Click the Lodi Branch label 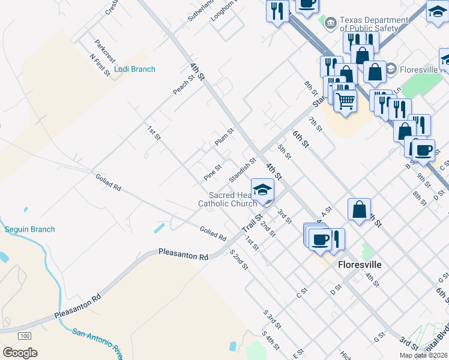pos(134,69)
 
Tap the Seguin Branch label pos(29,229)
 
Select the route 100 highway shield pos(25,335)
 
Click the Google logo pos(20,352)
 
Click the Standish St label pos(243,170)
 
